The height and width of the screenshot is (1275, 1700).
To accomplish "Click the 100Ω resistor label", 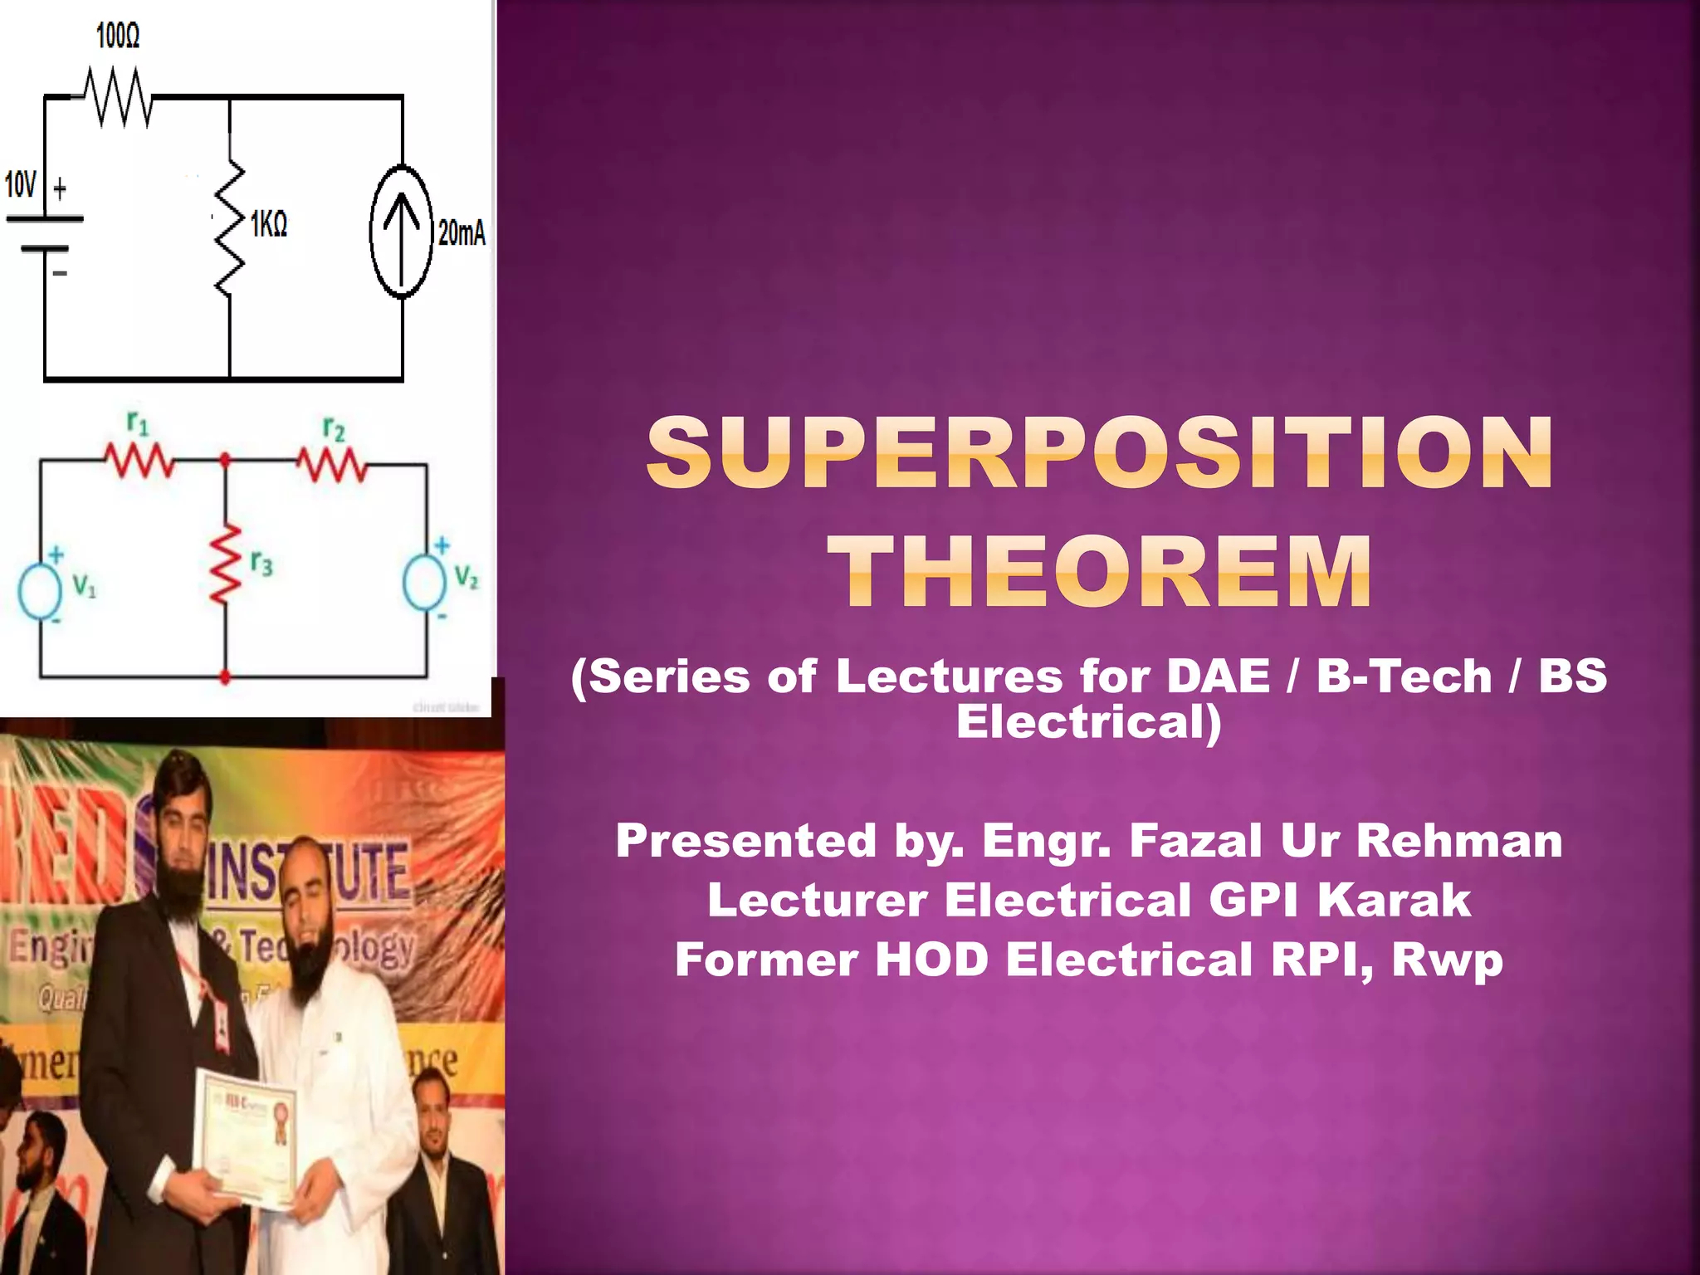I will (x=118, y=36).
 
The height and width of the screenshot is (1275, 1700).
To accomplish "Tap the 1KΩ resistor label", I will (x=269, y=223).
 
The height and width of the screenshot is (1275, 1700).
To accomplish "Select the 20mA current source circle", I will (x=402, y=232).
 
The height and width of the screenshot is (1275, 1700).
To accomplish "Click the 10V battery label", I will (x=21, y=184).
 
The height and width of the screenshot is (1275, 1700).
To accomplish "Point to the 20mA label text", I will (x=462, y=233).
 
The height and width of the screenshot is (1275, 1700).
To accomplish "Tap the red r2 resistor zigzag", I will (x=333, y=465).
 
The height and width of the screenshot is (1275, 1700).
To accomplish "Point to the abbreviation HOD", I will (x=931, y=960).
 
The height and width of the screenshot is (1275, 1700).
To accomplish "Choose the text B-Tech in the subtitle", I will (x=1404, y=676).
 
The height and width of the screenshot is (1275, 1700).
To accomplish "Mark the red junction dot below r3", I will (x=225, y=678).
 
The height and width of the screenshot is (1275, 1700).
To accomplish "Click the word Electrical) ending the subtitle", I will (x=1089, y=721).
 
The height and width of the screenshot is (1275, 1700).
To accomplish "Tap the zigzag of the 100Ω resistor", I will (x=119, y=98).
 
